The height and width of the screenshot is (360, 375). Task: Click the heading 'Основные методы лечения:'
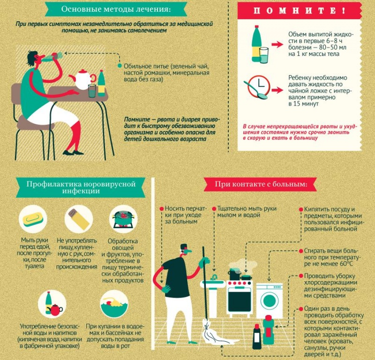(116, 9)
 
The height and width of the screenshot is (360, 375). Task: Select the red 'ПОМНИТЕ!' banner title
(299, 11)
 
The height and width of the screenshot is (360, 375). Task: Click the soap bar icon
(33, 219)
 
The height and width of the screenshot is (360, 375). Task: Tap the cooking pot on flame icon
(123, 219)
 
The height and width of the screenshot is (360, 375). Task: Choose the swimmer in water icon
(114, 304)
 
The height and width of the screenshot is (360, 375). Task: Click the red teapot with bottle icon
(52, 305)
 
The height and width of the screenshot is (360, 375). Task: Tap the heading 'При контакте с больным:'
(261, 184)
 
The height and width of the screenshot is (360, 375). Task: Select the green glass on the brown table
(92, 91)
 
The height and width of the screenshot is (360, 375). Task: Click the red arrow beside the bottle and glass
(277, 44)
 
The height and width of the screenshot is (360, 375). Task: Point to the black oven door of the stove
(240, 300)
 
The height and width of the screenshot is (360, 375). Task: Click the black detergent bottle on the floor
(256, 336)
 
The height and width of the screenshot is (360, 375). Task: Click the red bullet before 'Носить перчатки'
(161, 209)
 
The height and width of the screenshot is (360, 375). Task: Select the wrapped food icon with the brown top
(79, 218)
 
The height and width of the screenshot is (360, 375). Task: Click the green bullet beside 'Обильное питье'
(120, 66)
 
